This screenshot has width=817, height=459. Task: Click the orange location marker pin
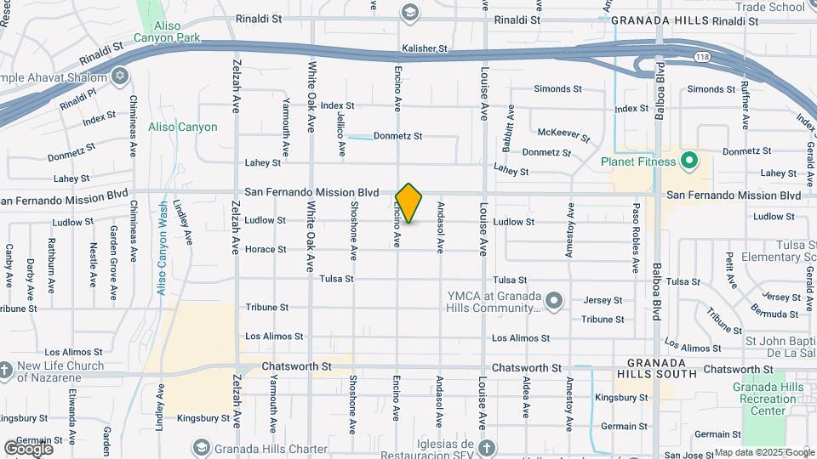(408, 203)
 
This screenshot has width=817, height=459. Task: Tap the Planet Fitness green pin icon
(689, 160)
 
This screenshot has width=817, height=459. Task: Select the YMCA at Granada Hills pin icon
(555, 301)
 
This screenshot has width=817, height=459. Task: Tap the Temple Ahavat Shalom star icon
(119, 77)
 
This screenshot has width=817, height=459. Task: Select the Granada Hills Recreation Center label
(768, 399)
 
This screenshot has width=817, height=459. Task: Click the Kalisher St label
(425, 49)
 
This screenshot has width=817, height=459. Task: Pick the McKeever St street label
(563, 133)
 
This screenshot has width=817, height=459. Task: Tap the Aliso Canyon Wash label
(162, 247)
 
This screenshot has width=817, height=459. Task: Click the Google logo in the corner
(28, 448)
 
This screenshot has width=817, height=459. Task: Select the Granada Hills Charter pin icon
(201, 447)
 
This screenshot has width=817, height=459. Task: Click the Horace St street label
(266, 249)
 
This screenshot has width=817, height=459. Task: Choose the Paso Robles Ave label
(635, 237)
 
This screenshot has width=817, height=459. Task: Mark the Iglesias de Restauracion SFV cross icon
(486, 447)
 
